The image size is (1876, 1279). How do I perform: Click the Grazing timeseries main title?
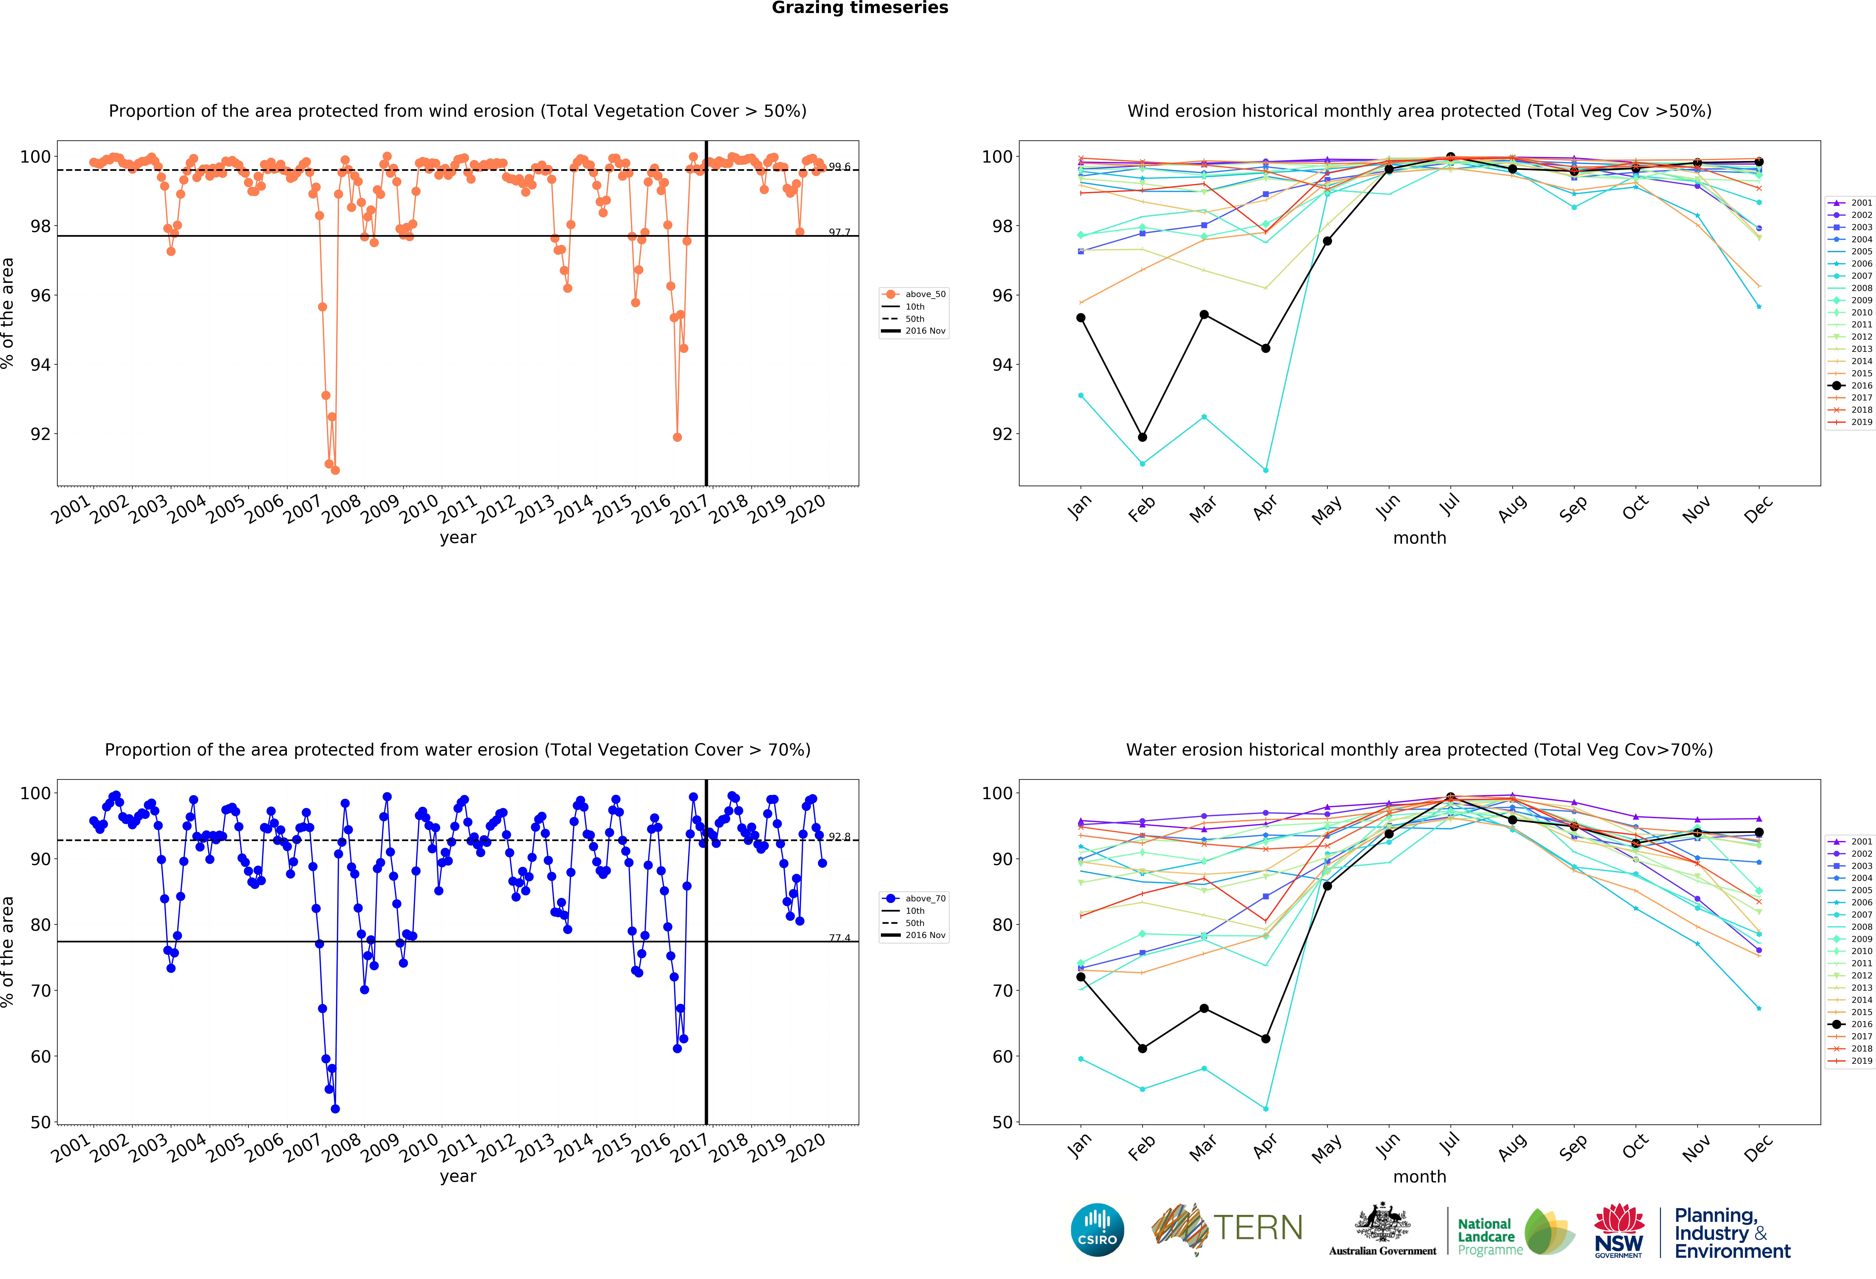point(860,8)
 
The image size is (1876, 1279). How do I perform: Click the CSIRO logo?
point(1097,1230)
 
